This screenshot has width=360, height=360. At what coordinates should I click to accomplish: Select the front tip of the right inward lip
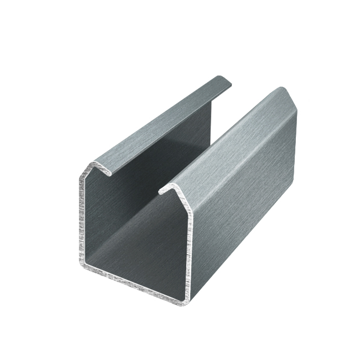tap(161, 192)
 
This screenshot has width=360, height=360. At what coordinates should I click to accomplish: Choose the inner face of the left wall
tap(112, 214)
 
